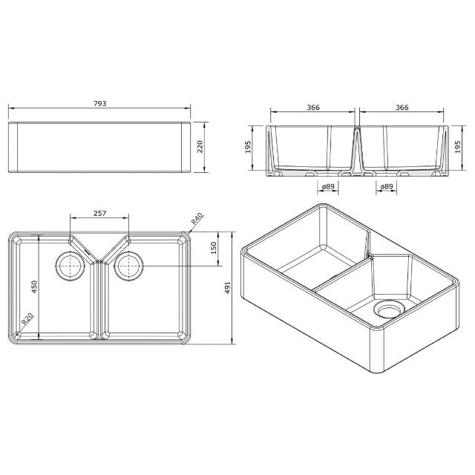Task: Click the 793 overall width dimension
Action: pyautogui.click(x=99, y=104)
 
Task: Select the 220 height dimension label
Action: pyautogui.click(x=200, y=148)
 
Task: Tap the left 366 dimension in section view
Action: pyautogui.click(x=312, y=108)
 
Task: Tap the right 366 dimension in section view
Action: pyautogui.click(x=402, y=108)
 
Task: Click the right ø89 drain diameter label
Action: pyautogui.click(x=387, y=187)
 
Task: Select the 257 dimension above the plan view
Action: pyautogui.click(x=99, y=213)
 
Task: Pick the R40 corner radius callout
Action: pyautogui.click(x=197, y=219)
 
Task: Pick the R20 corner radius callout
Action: pyautogui.click(x=27, y=320)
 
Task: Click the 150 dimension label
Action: pyautogui.click(x=213, y=248)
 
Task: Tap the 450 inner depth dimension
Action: pyautogui.click(x=35, y=286)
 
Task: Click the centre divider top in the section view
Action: pyautogui.click(x=357, y=128)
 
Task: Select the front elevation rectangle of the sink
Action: pyautogui.click(x=99, y=148)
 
